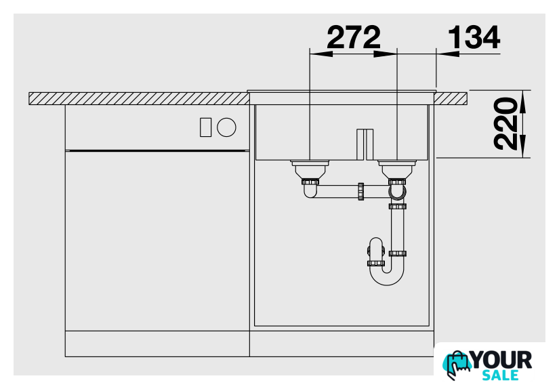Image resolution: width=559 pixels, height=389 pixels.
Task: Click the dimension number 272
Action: click(353, 37)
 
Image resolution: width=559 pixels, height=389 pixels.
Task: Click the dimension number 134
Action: click(474, 37)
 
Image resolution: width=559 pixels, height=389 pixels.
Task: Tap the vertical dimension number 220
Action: click(505, 123)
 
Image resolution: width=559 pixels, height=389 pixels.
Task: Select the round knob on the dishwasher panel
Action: click(226, 127)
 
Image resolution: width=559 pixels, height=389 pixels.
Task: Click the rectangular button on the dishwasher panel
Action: click(206, 127)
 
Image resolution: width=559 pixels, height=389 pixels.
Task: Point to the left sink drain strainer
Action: click(310, 170)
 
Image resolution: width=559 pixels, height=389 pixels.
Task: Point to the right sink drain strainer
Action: click(397, 170)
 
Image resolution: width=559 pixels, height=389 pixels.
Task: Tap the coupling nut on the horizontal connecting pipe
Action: click(360, 192)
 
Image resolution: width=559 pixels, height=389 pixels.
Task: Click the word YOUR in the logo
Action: click(502, 360)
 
